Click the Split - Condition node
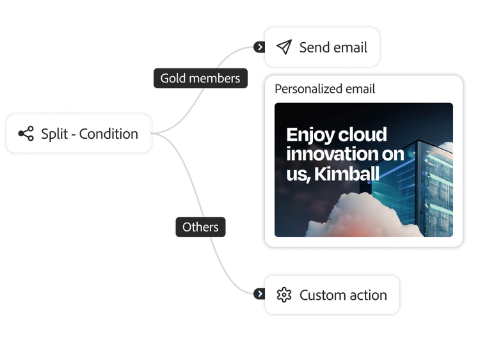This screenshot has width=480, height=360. pyautogui.click(x=79, y=134)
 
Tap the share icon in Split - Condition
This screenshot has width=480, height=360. pyautogui.click(x=26, y=134)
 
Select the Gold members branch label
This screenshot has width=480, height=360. pyautogui.click(x=200, y=78)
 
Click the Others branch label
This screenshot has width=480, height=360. pyautogui.click(x=200, y=227)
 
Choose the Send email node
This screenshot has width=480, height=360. pyautogui.click(x=322, y=47)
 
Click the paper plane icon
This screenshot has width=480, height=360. pyautogui.click(x=284, y=47)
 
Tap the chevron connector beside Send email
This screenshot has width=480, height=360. pyautogui.click(x=260, y=47)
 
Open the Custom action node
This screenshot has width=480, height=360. pyautogui.click(x=332, y=295)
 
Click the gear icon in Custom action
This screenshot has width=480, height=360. pyautogui.click(x=284, y=295)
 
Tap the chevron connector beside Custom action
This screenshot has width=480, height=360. pyautogui.click(x=260, y=294)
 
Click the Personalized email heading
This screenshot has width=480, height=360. pyautogui.click(x=324, y=89)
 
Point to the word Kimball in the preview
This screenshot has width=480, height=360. pyautogui.click(x=346, y=174)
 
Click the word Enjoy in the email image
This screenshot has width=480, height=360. pyautogui.click(x=310, y=135)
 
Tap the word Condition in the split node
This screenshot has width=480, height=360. pyautogui.click(x=109, y=134)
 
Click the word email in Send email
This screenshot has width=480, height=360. pyautogui.click(x=350, y=47)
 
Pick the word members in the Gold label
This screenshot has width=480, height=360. pyautogui.click(x=214, y=78)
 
